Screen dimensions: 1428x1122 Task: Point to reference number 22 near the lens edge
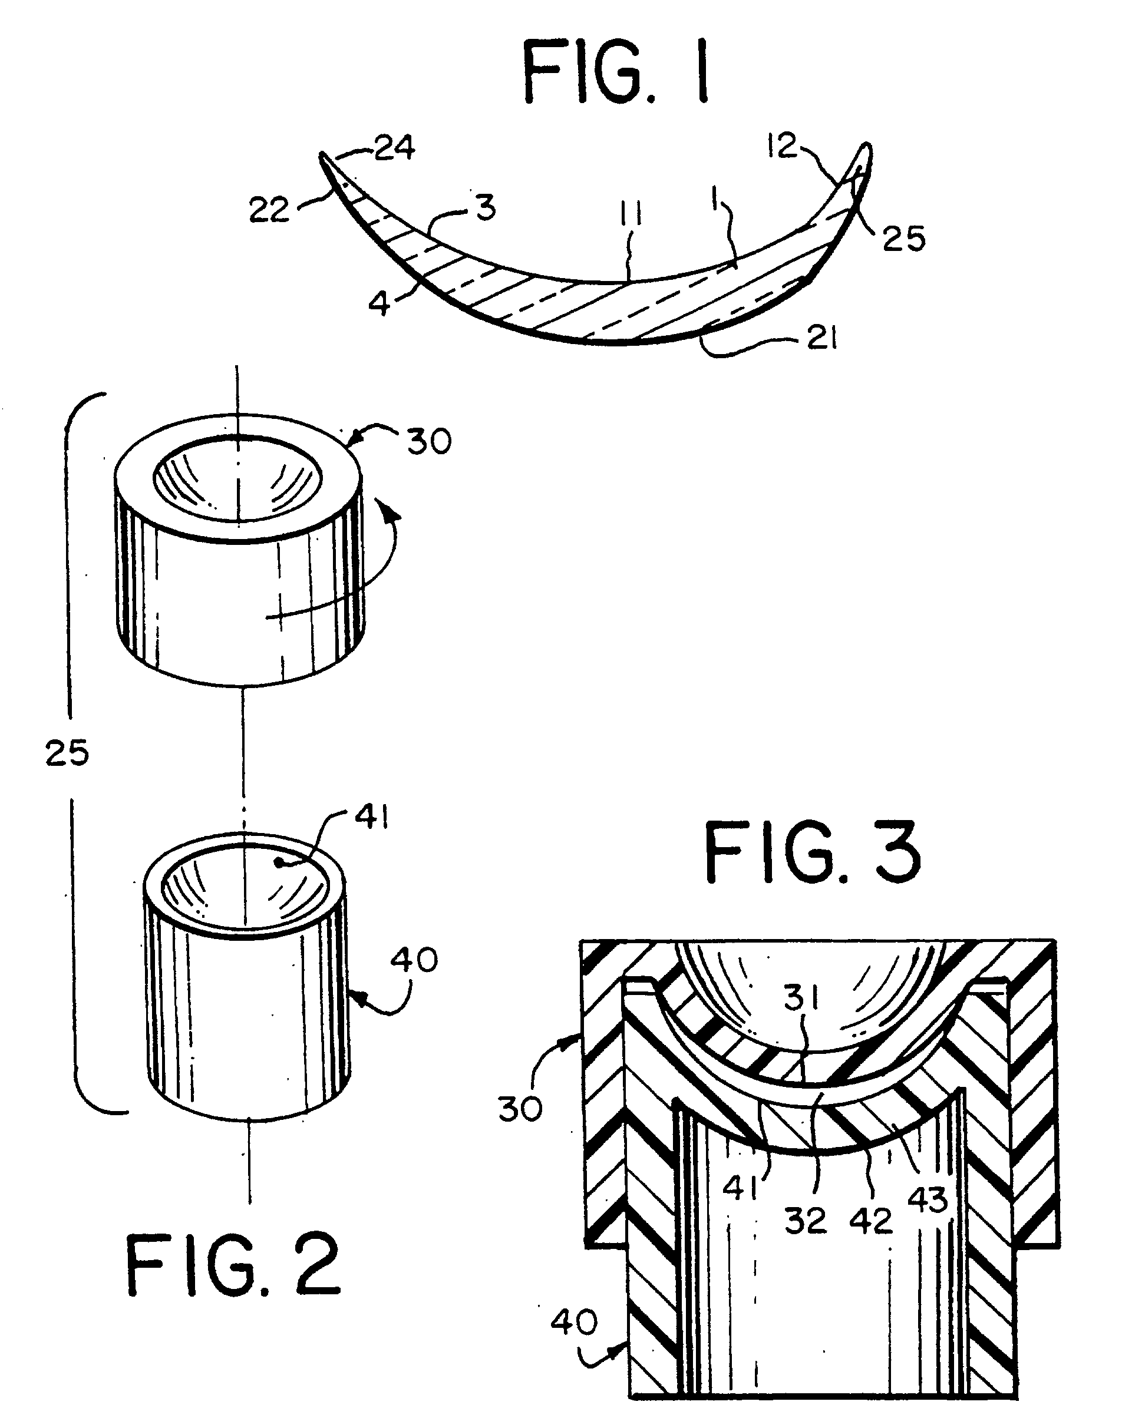(x=269, y=210)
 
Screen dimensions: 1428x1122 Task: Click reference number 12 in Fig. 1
(x=782, y=146)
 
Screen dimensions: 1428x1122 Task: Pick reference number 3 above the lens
(x=485, y=208)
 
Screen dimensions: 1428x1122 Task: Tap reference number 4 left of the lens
(x=379, y=304)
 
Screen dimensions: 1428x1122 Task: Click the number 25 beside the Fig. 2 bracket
(x=67, y=753)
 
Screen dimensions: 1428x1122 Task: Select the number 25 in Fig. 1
(x=903, y=239)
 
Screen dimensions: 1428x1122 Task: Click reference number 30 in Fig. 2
(x=430, y=442)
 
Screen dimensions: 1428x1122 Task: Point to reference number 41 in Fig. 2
(x=372, y=818)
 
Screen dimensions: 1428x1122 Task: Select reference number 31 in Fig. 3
(x=802, y=999)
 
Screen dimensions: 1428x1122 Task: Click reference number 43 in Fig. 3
(x=928, y=1199)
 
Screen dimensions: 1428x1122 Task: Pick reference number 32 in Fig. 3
(x=806, y=1221)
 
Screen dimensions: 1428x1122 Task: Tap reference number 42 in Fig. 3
(x=871, y=1221)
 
